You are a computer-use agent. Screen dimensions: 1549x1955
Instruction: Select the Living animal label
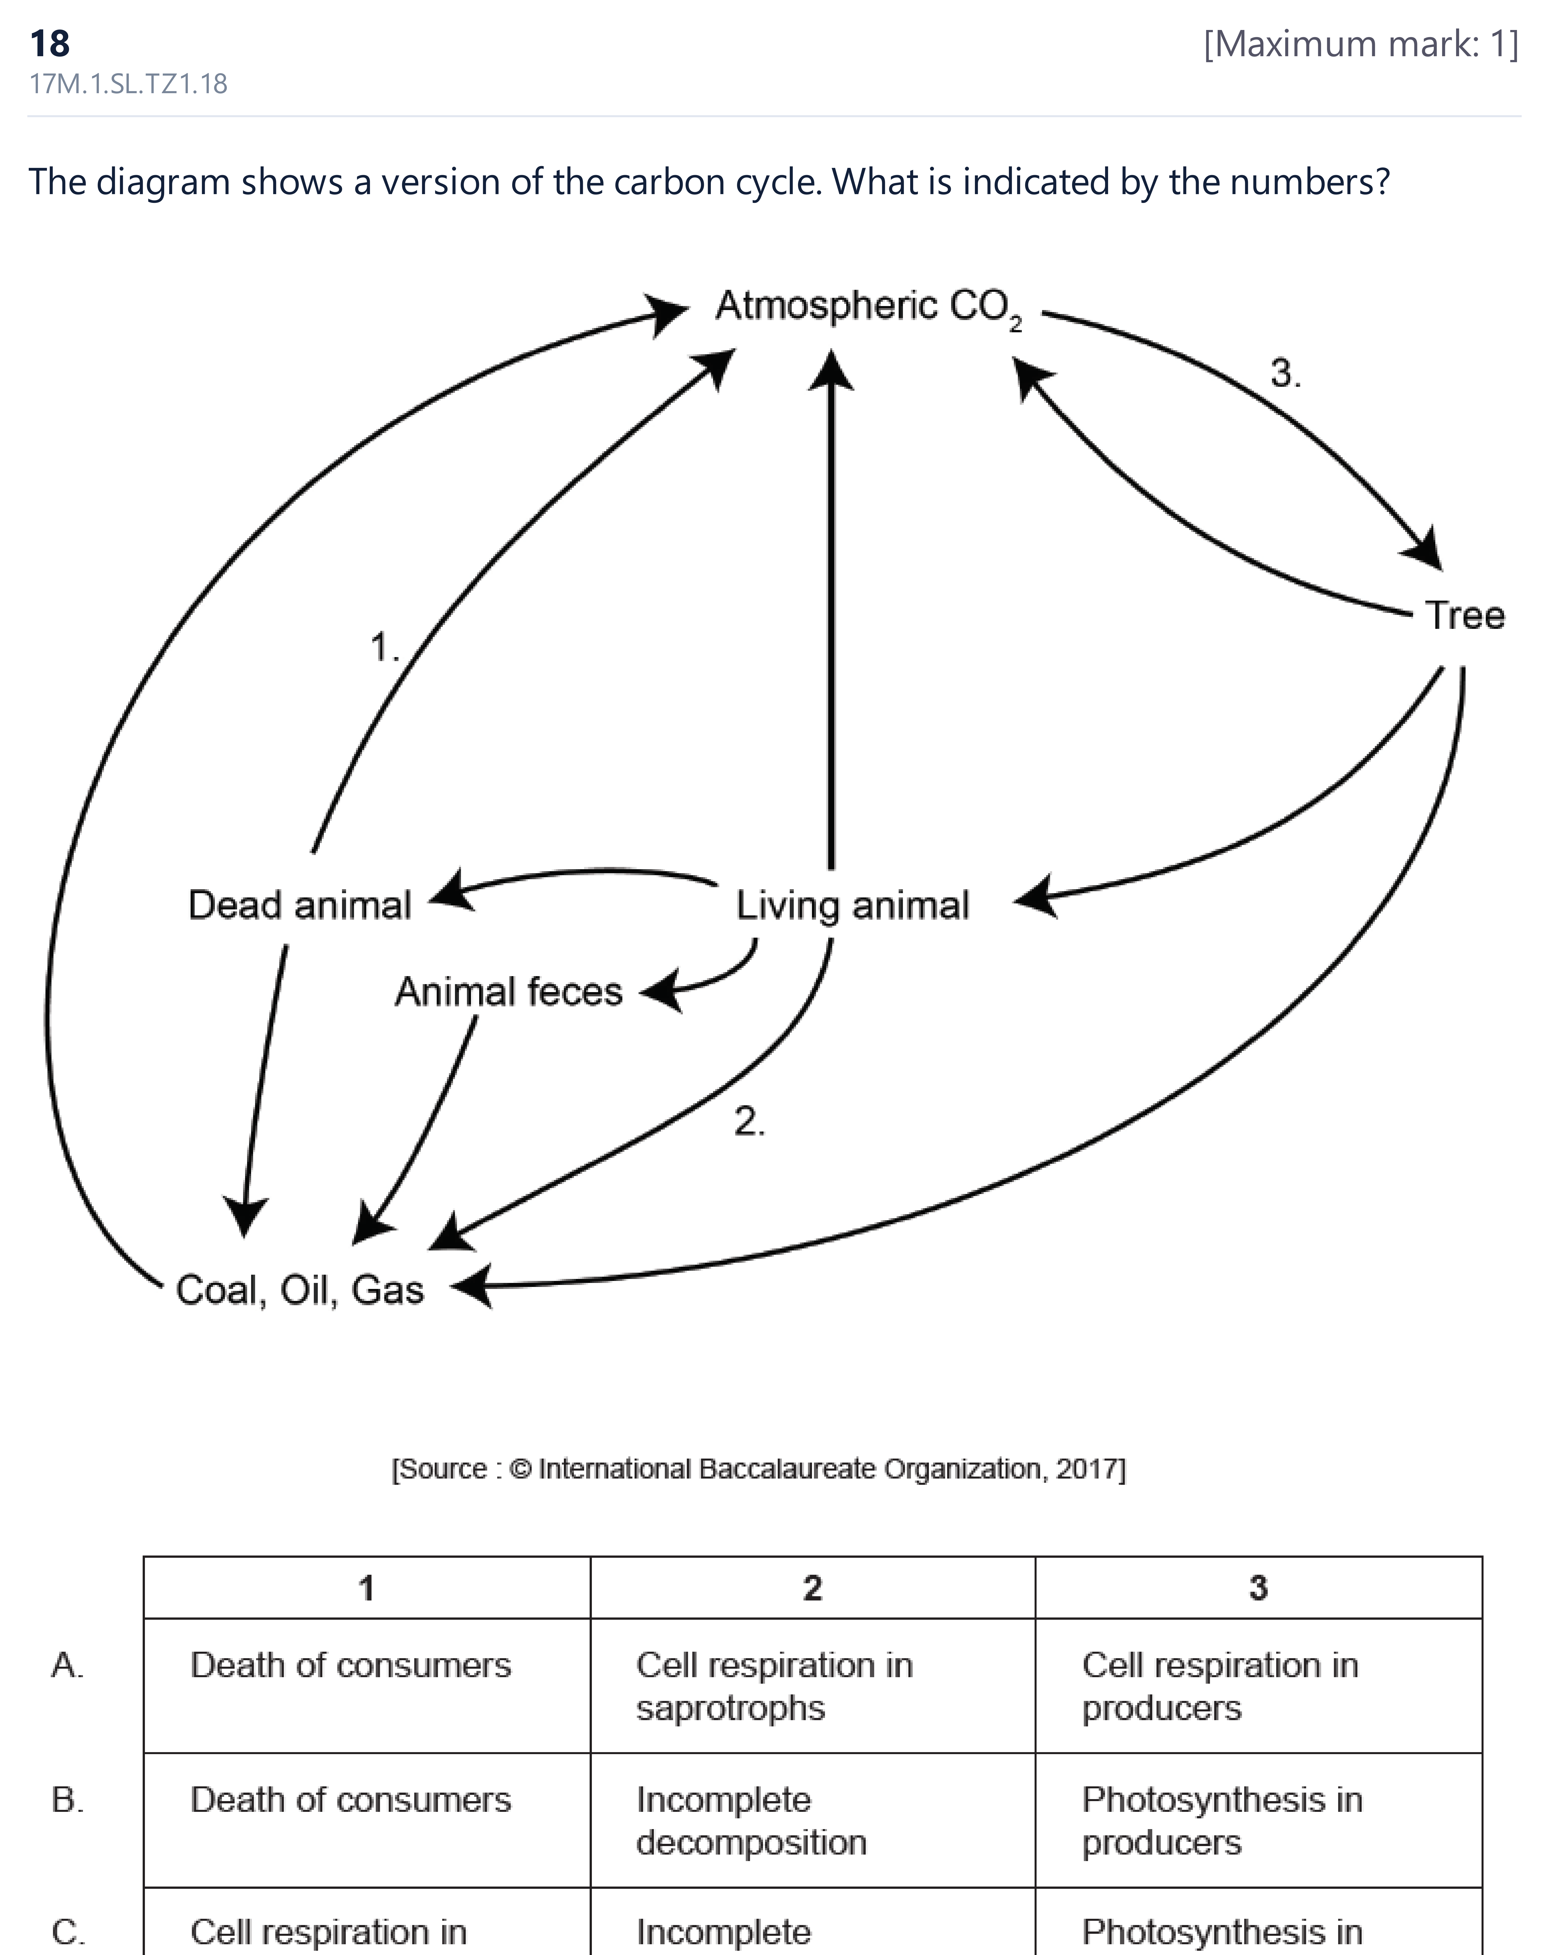click(852, 906)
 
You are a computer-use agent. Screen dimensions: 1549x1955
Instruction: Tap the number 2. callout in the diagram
click(749, 1122)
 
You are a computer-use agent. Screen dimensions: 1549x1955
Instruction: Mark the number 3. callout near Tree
click(1285, 373)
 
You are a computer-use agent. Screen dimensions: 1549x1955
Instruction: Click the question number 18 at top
click(50, 43)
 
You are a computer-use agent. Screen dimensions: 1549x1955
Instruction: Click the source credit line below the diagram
click(758, 1469)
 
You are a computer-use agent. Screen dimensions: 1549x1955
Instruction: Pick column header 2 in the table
click(812, 1588)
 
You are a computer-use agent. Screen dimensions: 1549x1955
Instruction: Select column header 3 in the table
click(1258, 1588)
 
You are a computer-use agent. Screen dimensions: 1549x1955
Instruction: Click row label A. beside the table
click(68, 1665)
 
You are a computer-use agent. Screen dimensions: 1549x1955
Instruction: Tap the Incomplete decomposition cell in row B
click(752, 1821)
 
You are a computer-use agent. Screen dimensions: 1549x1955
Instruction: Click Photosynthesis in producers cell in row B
click(1222, 1821)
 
